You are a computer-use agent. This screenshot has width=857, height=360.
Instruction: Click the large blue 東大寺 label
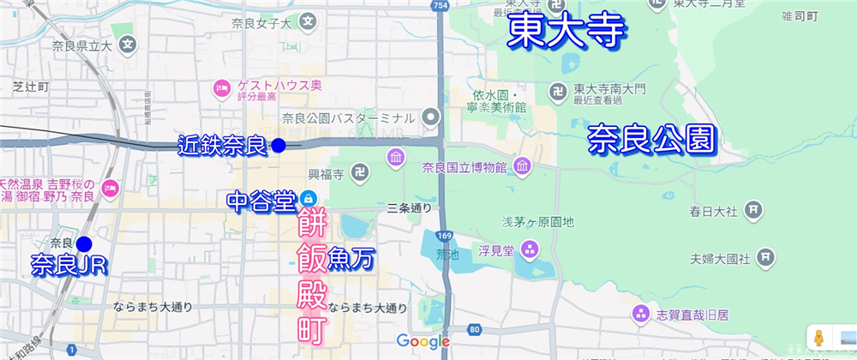(566, 32)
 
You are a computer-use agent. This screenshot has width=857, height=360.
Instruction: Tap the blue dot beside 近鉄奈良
(278, 146)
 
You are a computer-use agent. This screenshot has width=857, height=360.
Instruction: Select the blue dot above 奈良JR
(83, 243)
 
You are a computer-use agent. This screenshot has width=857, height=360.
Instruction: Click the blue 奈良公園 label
(651, 139)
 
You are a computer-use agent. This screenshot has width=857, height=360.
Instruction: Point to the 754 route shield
(440, 7)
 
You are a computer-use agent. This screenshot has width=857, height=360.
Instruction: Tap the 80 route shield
(475, 329)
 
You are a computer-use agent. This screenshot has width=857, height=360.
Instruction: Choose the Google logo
(423, 342)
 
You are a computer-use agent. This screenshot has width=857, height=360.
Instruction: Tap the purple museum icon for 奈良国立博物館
(396, 158)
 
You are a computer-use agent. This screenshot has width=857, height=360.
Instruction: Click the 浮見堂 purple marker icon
(530, 250)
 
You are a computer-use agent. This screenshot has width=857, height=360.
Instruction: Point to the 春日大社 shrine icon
(753, 209)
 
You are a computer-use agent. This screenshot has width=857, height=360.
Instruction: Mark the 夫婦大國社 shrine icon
(765, 257)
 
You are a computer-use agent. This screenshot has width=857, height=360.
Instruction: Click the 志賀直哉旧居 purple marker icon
(638, 315)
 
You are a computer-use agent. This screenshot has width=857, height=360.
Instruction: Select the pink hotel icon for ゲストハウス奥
(221, 87)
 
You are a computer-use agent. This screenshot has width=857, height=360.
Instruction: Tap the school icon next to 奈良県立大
(128, 44)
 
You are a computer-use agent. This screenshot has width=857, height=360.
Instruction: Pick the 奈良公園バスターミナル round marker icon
(432, 117)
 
